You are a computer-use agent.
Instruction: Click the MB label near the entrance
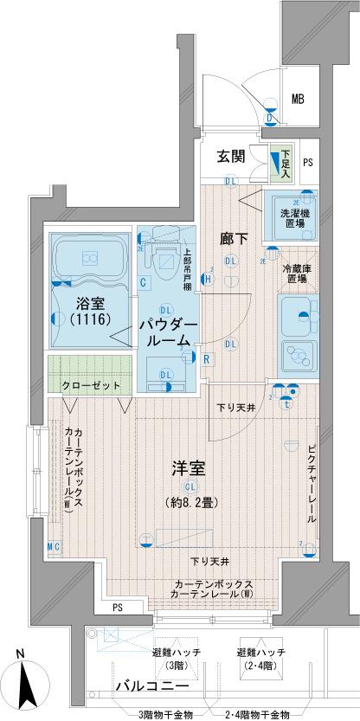[297, 99]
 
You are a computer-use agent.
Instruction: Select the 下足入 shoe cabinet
[283, 163]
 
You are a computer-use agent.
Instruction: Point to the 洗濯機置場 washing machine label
[297, 218]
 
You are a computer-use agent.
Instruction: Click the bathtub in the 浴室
[89, 257]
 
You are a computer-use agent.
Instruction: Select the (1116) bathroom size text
[88, 319]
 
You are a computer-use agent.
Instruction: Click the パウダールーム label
[170, 332]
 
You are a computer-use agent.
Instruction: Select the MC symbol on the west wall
[53, 546]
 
